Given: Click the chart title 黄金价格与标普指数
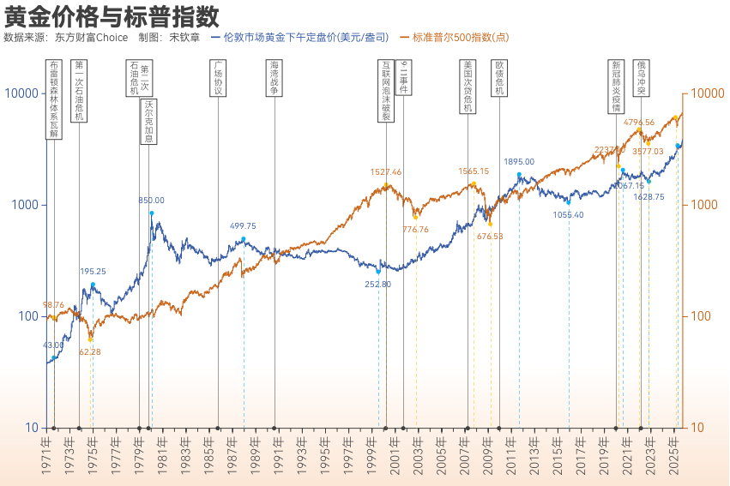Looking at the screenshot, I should coord(112,15).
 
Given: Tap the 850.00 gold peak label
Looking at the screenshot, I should coord(152,201).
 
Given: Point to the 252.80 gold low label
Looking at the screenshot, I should coord(377,284).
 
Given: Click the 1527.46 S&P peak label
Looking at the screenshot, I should coord(386,172).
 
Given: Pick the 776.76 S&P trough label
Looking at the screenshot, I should coord(415,229).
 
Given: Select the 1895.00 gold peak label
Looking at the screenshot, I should coord(519,161).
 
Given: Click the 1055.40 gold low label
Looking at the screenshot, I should coord(568,215).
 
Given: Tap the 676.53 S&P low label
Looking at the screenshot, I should coord(490,236).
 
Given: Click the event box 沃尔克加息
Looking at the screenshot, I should coord(148,122).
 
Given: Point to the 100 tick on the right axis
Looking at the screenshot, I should coord(704,316).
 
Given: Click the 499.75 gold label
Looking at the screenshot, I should coord(243,226).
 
